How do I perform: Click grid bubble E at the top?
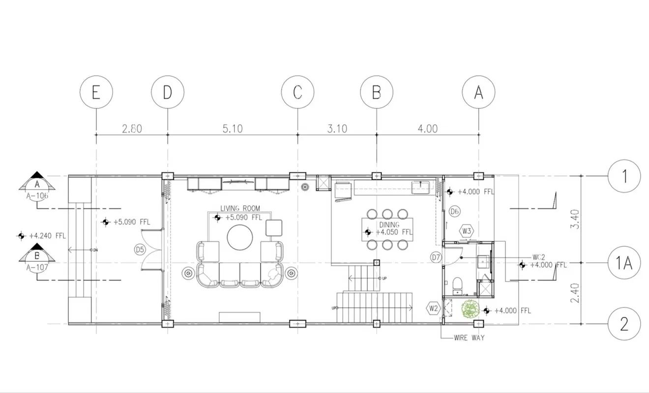96,92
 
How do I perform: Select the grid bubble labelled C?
297,92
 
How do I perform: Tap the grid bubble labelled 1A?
624,264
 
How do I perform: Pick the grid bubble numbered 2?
624,324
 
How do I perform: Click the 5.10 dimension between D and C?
233,129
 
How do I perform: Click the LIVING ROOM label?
240,208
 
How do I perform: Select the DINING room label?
388,225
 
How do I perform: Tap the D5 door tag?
140,250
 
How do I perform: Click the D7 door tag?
436,256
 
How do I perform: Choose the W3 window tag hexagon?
467,230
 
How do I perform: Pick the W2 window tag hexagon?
433,309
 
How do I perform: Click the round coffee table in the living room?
240,238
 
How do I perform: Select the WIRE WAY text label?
470,337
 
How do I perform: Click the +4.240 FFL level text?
47,236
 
